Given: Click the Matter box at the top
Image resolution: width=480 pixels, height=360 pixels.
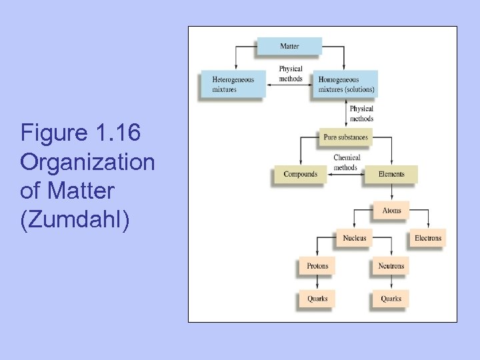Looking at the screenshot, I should click(289, 46).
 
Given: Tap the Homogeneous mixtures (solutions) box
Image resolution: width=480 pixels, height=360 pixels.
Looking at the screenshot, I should click(345, 84).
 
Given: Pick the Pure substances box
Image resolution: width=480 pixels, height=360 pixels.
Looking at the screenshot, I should click(345, 137).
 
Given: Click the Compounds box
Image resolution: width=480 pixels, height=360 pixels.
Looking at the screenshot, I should click(300, 174).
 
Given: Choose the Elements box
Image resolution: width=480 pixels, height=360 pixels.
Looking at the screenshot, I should click(391, 174).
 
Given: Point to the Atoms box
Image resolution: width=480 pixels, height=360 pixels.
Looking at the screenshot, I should click(391, 211).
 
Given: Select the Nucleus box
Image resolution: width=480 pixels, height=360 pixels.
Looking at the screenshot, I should click(354, 238).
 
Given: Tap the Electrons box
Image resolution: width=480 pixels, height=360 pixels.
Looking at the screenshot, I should click(427, 238).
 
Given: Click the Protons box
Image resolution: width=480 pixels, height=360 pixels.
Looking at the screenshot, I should click(317, 266).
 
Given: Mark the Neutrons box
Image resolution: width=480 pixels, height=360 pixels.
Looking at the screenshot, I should click(391, 266).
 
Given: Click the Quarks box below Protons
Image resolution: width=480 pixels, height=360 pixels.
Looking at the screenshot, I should click(317, 299).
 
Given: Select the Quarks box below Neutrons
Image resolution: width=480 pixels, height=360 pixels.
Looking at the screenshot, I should click(391, 299).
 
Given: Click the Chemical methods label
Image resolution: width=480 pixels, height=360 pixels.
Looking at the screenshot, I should click(346, 163).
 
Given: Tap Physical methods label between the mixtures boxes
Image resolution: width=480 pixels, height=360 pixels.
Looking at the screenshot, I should click(291, 73).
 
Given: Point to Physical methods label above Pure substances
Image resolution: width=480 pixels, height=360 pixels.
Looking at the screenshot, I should click(361, 113).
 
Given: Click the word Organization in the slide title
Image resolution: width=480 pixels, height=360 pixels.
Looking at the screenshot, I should click(87, 162).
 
